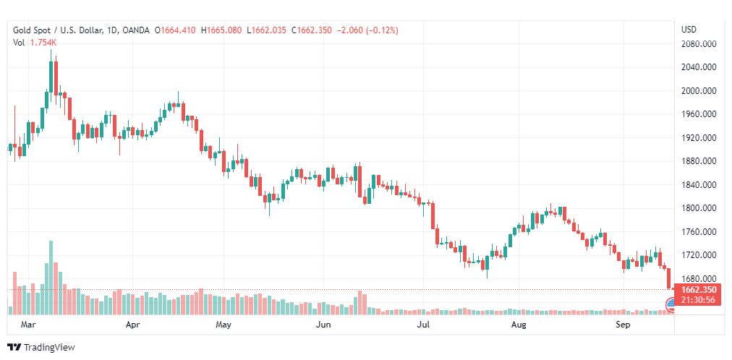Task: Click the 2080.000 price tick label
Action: pyautogui.click(x=699, y=44)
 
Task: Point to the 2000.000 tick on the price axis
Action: pyautogui.click(x=699, y=91)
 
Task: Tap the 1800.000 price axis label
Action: pyautogui.click(x=699, y=208)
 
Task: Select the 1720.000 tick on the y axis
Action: pyautogui.click(x=699, y=255)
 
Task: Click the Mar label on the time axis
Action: pyautogui.click(x=28, y=325)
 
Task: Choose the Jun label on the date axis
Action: pyautogui.click(x=324, y=325)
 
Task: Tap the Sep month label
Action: pyautogui.click(x=624, y=325)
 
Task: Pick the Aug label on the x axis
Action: pyautogui.click(x=518, y=325)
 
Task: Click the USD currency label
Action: pyautogui.click(x=689, y=30)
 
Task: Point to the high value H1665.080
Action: pyautogui.click(x=222, y=30)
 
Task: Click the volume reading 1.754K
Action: pyautogui.click(x=43, y=43)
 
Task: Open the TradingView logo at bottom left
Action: pyautogui.click(x=41, y=348)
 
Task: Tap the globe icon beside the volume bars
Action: pyautogui.click(x=669, y=309)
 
